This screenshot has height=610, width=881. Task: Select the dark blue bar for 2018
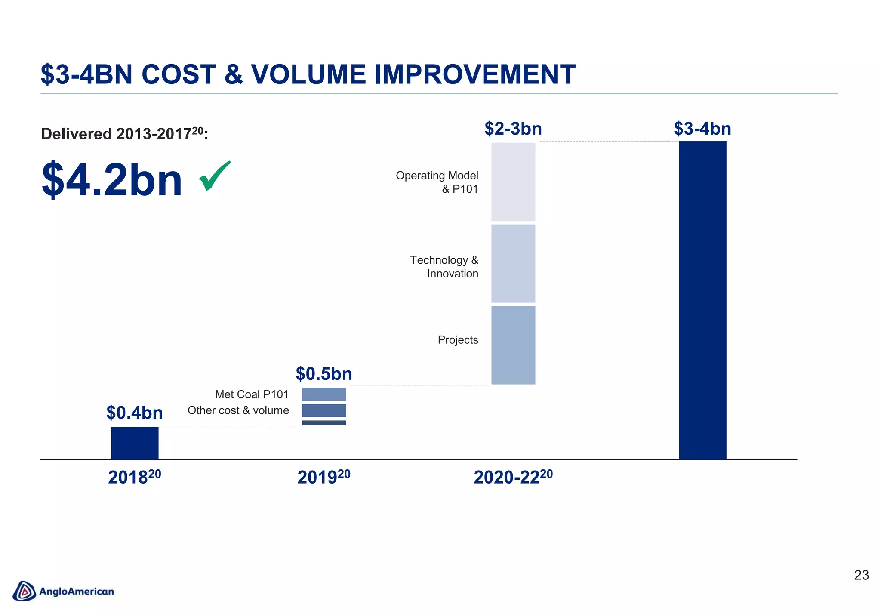click(x=135, y=443)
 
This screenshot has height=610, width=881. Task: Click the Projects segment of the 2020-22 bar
click(x=513, y=345)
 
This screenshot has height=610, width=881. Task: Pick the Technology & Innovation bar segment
click(x=513, y=263)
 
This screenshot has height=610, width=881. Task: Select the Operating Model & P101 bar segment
click(x=513, y=182)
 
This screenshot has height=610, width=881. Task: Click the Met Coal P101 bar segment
click(x=324, y=394)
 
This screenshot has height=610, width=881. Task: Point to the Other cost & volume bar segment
click(x=324, y=410)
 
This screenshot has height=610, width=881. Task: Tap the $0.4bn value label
click(x=135, y=413)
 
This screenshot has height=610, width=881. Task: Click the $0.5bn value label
click(x=324, y=374)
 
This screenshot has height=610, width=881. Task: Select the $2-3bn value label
click(x=513, y=129)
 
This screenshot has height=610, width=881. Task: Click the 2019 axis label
click(x=323, y=477)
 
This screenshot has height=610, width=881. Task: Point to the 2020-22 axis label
click(x=513, y=477)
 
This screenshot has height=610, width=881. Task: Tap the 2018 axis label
click(x=134, y=477)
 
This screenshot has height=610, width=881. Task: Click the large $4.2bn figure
click(x=112, y=179)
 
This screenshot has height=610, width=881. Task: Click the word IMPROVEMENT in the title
click(x=475, y=74)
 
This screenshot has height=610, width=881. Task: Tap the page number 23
click(x=861, y=575)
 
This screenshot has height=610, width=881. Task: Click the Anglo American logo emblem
click(x=25, y=591)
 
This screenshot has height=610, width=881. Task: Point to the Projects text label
click(x=458, y=340)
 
